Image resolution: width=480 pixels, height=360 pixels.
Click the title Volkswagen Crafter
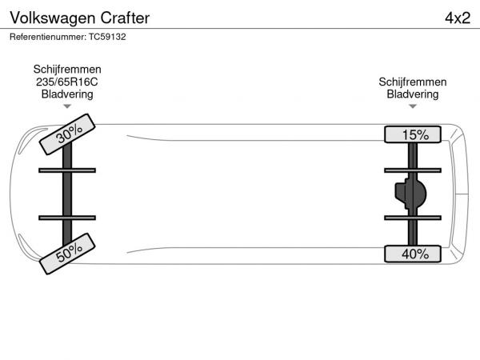[x=79, y=18]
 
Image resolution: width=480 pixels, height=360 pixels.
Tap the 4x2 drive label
[x=458, y=18]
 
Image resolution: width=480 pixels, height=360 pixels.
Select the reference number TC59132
[x=107, y=37]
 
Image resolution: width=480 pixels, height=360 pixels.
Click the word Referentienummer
[x=47, y=37]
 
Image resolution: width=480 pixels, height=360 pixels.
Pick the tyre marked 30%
[x=67, y=134]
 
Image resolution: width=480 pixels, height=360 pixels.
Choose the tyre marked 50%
[x=67, y=254]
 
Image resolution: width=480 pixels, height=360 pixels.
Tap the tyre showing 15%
[x=413, y=134]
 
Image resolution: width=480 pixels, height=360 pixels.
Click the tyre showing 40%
[x=413, y=254]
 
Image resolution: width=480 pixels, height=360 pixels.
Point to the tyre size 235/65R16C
[x=67, y=82]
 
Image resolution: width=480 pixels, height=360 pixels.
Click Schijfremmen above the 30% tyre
[x=67, y=70]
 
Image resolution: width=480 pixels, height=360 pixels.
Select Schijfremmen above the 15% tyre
[x=413, y=82]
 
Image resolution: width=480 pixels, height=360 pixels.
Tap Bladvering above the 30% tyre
[x=67, y=94]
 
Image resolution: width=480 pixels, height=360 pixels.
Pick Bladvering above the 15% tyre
[x=413, y=94]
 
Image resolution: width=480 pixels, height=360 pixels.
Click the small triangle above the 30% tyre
[x=67, y=106]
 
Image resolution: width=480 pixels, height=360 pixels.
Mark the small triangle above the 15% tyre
[x=413, y=106]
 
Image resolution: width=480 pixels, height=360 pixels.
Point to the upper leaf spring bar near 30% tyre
[x=67, y=170]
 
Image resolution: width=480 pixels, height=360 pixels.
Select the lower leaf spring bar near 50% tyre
[x=67, y=218]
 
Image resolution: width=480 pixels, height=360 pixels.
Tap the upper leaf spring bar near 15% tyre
[x=413, y=170]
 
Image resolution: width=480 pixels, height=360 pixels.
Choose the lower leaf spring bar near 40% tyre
[x=413, y=218]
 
